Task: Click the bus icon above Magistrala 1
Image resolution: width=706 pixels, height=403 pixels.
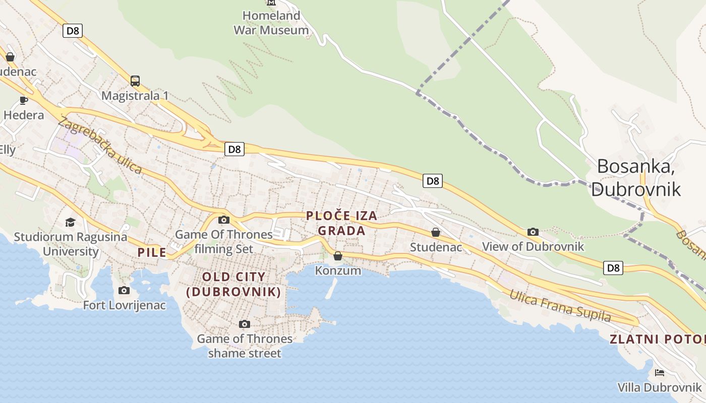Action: (135, 81)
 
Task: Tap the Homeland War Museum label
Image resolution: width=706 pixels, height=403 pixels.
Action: (271, 23)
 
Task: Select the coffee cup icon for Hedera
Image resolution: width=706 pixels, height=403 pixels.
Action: (24, 100)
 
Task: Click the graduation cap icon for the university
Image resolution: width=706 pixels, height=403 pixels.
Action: (70, 222)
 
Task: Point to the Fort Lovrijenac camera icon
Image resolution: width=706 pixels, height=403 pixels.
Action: (124, 290)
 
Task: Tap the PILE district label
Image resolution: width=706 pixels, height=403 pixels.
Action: (152, 252)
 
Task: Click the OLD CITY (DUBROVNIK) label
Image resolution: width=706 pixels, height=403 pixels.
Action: (233, 284)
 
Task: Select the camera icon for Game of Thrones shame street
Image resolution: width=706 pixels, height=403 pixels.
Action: (245, 324)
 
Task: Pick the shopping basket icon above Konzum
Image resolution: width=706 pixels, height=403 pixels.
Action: (338, 256)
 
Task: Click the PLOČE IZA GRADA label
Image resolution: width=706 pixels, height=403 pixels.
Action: (341, 223)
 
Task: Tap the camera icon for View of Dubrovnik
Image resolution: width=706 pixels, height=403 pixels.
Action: (533, 232)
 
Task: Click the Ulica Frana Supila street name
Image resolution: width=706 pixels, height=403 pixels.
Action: (560, 306)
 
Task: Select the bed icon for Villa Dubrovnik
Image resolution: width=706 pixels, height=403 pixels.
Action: (659, 373)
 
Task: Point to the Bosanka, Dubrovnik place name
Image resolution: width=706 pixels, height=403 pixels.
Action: (636, 177)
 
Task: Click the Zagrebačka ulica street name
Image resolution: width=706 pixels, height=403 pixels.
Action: (100, 145)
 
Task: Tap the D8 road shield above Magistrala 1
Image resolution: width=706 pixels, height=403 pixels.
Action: (73, 31)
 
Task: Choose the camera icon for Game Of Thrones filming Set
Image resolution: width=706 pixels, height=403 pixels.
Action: (224, 220)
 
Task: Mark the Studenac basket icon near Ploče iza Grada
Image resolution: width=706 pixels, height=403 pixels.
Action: (436, 232)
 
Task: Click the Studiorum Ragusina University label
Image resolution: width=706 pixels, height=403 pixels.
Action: (70, 244)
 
